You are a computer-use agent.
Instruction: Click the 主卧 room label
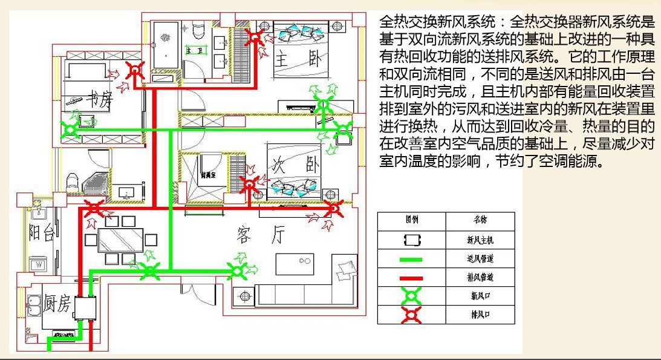289,59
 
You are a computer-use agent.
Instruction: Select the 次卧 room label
287,165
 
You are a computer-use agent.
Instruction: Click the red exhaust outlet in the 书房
134,72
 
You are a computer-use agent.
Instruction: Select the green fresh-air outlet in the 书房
71,129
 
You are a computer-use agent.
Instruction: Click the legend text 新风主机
480,240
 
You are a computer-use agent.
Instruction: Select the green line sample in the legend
411,259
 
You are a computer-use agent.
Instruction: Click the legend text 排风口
480,315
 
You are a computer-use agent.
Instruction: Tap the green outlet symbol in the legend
411,296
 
